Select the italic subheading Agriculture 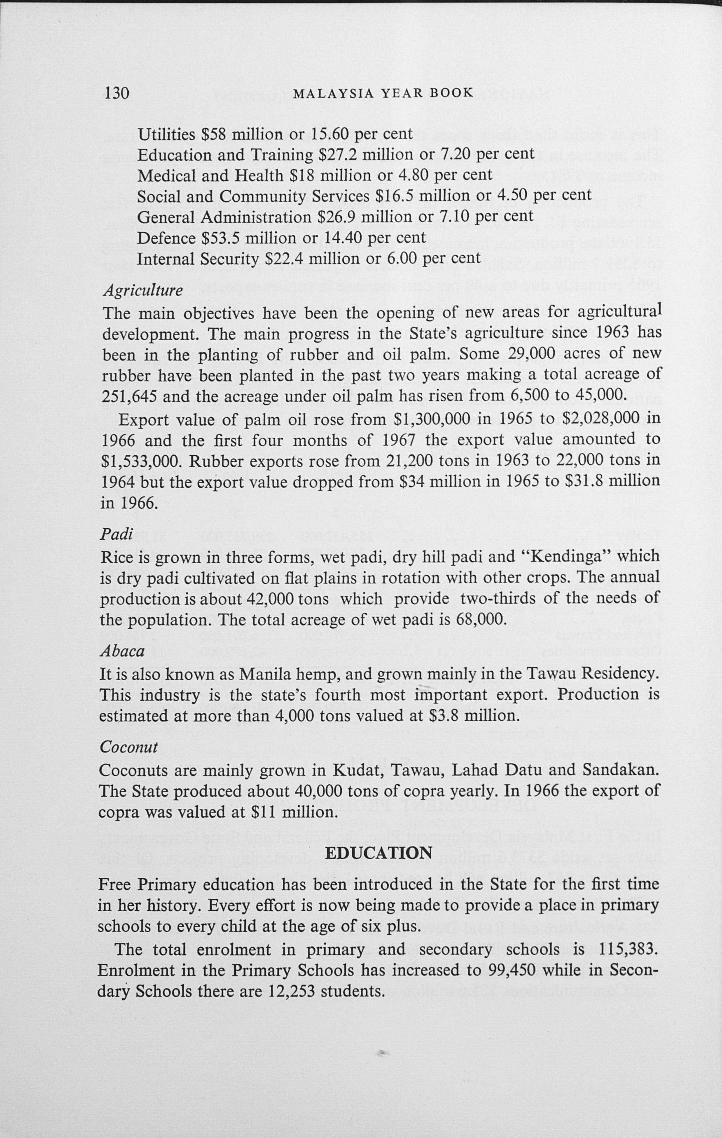point(143,290)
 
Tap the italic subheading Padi point(116,534)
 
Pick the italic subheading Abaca point(122,651)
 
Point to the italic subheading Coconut point(128,747)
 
